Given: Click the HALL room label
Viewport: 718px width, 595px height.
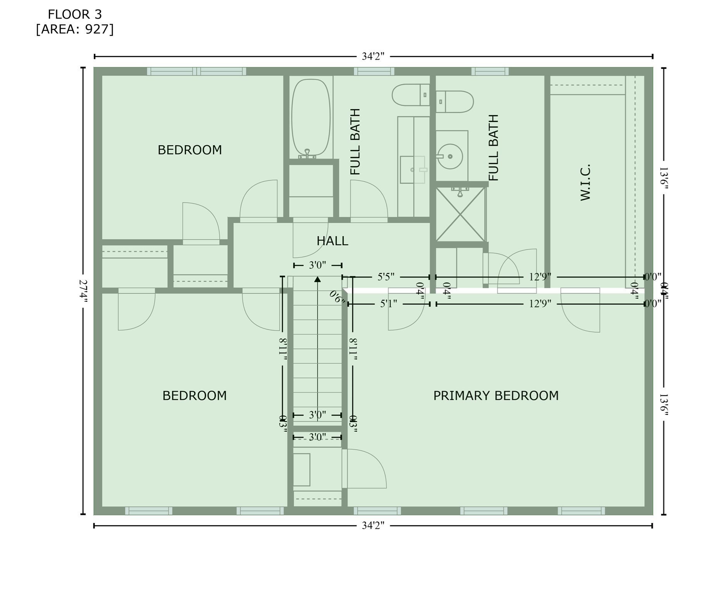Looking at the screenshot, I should click(x=332, y=241).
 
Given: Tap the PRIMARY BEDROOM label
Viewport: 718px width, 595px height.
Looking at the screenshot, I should click(x=496, y=396).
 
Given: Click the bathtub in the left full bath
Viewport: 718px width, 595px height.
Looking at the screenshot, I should click(x=311, y=118).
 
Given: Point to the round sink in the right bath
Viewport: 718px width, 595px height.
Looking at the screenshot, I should click(x=450, y=156).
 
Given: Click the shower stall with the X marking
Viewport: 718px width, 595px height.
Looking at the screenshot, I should click(x=460, y=214).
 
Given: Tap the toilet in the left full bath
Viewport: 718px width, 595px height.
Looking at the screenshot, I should click(x=410, y=95).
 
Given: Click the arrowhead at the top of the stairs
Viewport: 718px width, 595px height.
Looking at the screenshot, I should click(x=317, y=279).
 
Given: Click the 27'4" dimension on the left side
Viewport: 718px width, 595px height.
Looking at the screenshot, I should click(x=83, y=292).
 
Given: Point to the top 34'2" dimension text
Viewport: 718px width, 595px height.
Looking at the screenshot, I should click(x=373, y=57).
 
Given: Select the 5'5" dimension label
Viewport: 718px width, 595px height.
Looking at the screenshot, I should click(x=386, y=277).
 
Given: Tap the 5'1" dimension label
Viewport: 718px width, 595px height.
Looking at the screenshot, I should click(x=388, y=304).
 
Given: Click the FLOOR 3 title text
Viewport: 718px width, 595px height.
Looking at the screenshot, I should click(x=75, y=14).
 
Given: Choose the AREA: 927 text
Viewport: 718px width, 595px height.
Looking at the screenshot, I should click(x=75, y=29).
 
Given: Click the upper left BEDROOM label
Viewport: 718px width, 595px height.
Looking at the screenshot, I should click(x=189, y=150).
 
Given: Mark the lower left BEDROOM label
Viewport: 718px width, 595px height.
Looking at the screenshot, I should click(x=194, y=396).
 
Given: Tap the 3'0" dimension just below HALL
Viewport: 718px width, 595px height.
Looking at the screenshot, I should click(x=317, y=265).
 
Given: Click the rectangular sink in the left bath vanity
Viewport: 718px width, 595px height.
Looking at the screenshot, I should click(x=413, y=170).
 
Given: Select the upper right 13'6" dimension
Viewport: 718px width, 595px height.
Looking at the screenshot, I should click(x=663, y=178).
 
